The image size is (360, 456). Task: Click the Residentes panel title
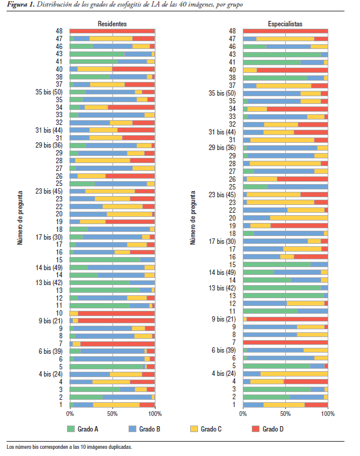point(112,23)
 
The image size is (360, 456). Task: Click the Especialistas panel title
point(285,23)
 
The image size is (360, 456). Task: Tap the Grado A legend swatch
point(71,429)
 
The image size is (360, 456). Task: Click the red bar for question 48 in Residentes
point(112,30)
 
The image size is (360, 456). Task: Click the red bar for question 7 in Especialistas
point(285,342)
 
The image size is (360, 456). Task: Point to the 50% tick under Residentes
point(112,414)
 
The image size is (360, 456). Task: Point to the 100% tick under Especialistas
point(327,414)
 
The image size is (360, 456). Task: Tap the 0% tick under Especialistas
point(243,414)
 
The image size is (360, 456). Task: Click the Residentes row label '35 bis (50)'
point(50,93)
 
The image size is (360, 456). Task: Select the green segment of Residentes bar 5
point(107,366)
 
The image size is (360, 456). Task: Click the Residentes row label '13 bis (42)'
point(50,282)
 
